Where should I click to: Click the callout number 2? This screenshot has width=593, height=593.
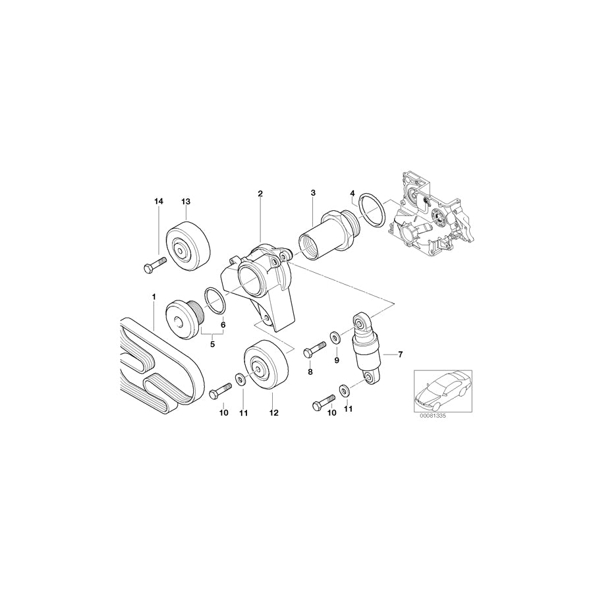pyautogui.click(x=260, y=193)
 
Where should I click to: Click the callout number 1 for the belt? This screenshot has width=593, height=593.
pyautogui.click(x=154, y=297)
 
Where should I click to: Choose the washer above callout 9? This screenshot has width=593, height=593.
pyautogui.click(x=335, y=338)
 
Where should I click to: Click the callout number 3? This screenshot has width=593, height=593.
pyautogui.click(x=314, y=193)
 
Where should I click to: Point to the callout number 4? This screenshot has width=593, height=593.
pyautogui.click(x=353, y=193)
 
